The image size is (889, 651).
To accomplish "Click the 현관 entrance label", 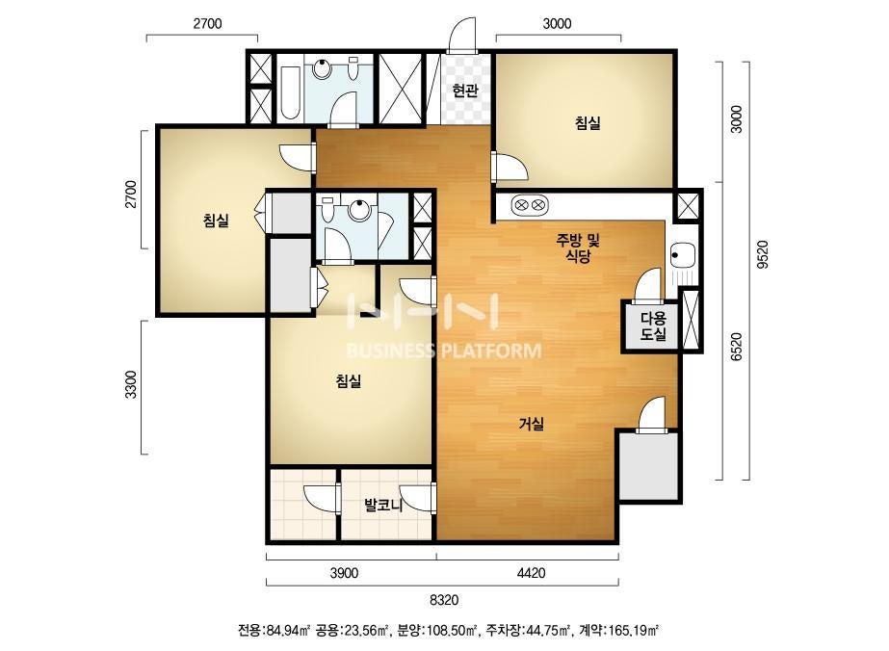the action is tap(465, 91).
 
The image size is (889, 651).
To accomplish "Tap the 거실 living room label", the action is tap(532, 424).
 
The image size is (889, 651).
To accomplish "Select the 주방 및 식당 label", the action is tap(578, 248).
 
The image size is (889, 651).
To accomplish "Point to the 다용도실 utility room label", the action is tap(653, 326).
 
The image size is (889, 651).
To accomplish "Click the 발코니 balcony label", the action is tap(383, 505).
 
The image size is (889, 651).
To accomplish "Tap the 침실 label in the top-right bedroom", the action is tap(588, 123).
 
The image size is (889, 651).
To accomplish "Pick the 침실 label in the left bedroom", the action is tap(216, 220).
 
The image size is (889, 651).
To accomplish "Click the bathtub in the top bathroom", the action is tap(290, 93).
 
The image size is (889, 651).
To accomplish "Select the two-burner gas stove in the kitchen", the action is tap(530, 204).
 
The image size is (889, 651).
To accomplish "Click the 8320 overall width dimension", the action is tap(444, 599).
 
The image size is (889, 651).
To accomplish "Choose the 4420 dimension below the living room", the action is tap(531, 573).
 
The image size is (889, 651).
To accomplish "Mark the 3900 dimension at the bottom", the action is tap(344, 573).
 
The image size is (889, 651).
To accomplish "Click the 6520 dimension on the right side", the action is tap(736, 347).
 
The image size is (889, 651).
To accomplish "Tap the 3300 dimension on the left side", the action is tap(131, 384).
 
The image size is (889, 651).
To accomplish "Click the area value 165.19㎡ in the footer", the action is tap(634, 630).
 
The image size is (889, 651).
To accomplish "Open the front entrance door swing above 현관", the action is tap(462, 36).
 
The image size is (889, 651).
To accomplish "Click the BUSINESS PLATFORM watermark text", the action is tap(443, 351).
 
